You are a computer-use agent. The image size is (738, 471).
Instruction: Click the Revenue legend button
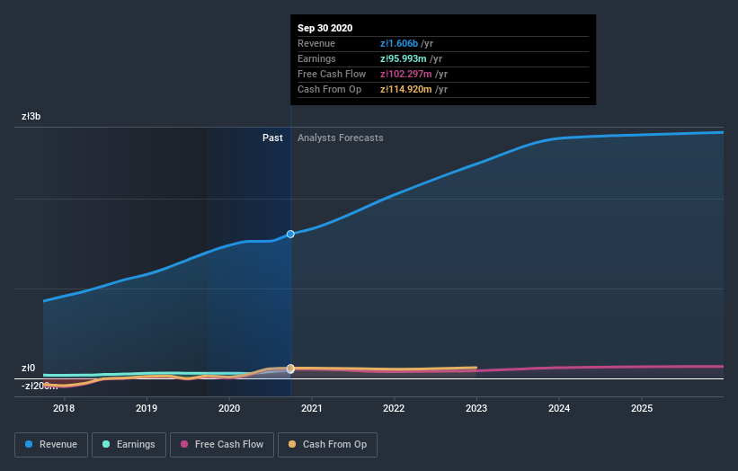tap(50, 444)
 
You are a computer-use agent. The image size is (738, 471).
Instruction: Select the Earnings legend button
tap(129, 444)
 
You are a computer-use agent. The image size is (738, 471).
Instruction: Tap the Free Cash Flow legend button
tap(222, 444)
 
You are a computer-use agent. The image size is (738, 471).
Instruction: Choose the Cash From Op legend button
tap(327, 444)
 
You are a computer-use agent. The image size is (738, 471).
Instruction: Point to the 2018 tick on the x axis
tap(64, 409)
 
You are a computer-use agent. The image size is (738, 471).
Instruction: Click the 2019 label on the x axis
tap(147, 409)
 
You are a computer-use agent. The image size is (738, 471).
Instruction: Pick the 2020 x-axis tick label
tap(229, 409)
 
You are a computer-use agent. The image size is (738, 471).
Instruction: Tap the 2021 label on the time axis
tap(312, 409)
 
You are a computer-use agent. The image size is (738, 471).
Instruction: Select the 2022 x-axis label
tap(394, 409)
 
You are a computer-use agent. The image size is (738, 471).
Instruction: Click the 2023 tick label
tap(476, 409)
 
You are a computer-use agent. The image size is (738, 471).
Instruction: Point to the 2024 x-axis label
tap(559, 409)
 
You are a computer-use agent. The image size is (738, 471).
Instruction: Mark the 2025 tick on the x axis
tap(641, 409)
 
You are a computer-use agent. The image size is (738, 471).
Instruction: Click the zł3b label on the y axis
tap(31, 117)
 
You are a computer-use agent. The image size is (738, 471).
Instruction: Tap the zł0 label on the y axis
tap(29, 368)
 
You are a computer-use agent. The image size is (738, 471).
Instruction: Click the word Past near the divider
tap(272, 138)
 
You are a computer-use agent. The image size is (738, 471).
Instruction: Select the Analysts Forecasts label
tap(340, 138)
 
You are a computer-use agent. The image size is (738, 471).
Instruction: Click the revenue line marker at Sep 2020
tap(290, 234)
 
